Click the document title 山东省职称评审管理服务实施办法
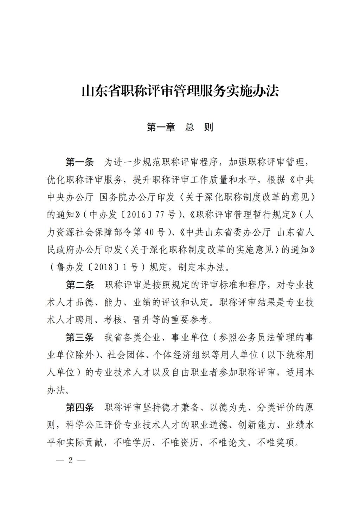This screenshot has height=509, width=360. pyautogui.click(x=180, y=91)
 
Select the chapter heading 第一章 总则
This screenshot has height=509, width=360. pyautogui.click(x=180, y=127)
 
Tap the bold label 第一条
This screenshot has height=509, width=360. pyautogui.click(x=79, y=163)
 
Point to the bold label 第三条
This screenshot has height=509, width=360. pyautogui.click(x=79, y=338)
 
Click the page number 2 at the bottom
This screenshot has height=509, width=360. pyautogui.click(x=70, y=460)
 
